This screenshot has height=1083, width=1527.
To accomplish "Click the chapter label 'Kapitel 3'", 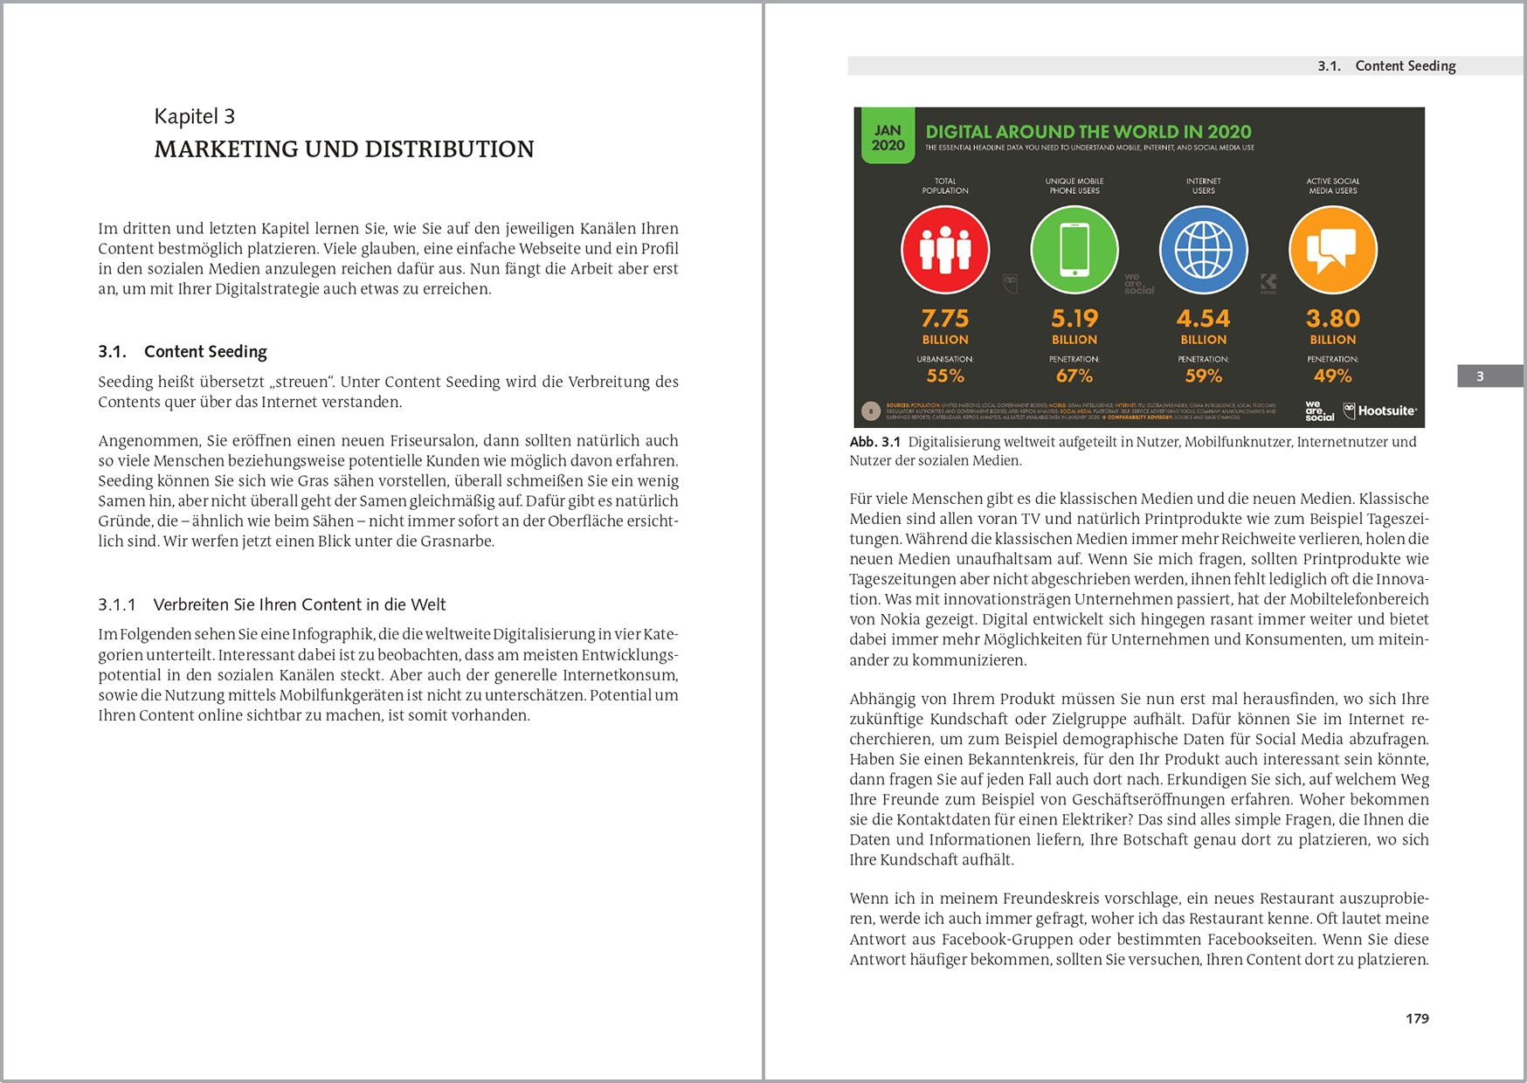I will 194,116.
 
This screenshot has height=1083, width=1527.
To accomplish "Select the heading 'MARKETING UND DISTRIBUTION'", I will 343,149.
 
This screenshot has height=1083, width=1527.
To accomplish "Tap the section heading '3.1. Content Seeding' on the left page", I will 183,351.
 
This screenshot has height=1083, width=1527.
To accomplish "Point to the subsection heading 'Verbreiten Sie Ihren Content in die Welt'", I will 299,604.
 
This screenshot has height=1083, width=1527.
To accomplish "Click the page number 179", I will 1417,1018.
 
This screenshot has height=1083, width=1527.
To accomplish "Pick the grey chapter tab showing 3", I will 1489,376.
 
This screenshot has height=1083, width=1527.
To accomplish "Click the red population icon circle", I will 945,250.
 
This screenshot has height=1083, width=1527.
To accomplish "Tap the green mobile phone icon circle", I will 1074,250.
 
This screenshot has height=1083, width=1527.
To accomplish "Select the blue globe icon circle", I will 1204,250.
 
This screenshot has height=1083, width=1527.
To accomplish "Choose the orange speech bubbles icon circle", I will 1333,250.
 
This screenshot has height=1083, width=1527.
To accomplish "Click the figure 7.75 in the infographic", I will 945,319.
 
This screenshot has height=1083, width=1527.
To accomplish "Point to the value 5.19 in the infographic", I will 1074,319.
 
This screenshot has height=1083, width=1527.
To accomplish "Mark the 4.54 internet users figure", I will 1204,319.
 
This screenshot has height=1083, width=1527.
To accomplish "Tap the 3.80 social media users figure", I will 1333,319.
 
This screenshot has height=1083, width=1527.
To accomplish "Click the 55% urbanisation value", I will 945,376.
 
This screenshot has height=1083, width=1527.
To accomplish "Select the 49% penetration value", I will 1333,376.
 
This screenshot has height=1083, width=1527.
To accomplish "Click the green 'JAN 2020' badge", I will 888,137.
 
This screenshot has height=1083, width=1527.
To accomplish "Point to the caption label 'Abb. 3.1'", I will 874,442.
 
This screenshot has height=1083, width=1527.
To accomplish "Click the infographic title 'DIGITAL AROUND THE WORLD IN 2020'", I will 1088,132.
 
